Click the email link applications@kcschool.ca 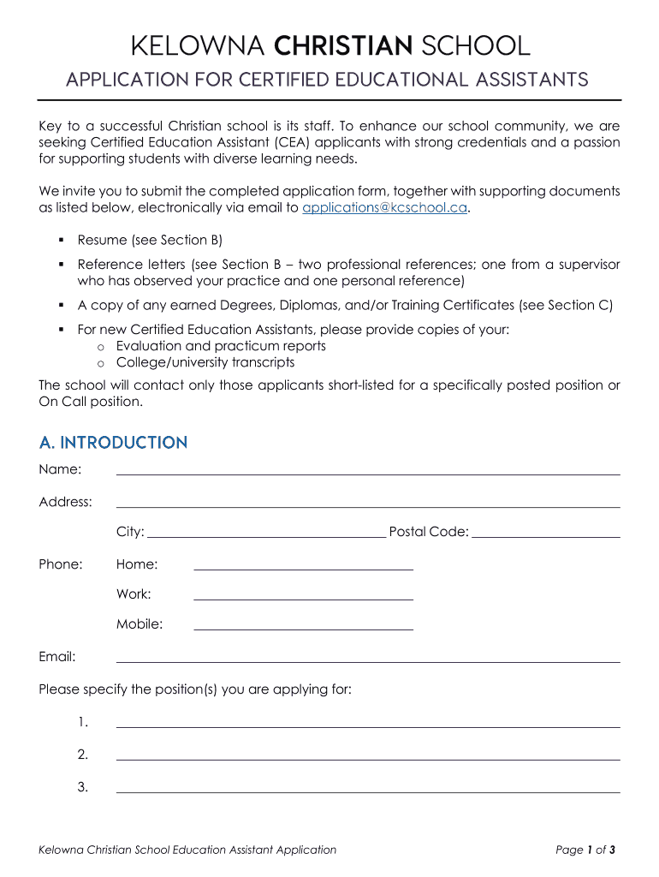point(385,207)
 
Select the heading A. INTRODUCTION point(113,443)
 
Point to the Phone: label point(61,564)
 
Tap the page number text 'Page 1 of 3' point(585,850)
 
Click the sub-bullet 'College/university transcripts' point(205,362)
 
